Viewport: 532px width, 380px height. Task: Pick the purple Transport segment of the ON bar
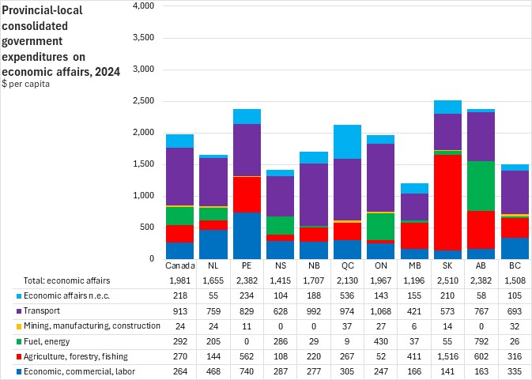[x=379, y=178]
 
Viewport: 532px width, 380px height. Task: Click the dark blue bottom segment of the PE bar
[x=247, y=235]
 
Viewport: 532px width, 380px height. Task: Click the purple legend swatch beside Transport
[x=6, y=309]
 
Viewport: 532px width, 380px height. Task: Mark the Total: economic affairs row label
[x=56, y=281]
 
